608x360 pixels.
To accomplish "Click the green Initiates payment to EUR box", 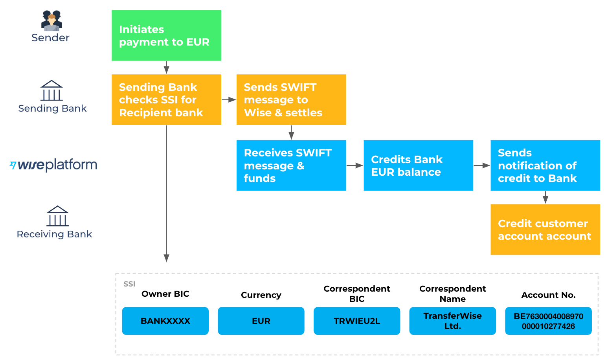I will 166,35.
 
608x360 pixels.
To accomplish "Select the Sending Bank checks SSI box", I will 166,99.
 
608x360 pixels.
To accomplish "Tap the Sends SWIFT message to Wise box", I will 291,99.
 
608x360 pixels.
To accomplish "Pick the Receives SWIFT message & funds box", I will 291,165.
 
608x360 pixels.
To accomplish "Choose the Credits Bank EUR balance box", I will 418,165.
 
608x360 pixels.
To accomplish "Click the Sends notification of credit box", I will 545,165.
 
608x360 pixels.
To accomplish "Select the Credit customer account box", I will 545,230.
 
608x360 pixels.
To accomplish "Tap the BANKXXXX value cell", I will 165,321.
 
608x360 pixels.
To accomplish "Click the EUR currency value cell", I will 261,321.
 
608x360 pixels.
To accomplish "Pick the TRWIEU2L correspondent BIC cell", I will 357,321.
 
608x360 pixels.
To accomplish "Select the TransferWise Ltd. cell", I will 452,321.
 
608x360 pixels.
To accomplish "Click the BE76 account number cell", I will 548,321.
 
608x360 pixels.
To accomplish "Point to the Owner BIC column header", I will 165,294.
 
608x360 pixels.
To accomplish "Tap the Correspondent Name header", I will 452,294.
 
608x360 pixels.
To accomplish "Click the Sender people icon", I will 51,21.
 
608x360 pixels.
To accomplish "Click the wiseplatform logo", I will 53,165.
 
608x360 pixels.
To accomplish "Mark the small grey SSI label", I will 129,284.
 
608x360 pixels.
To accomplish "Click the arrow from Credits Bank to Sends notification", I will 482,165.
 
